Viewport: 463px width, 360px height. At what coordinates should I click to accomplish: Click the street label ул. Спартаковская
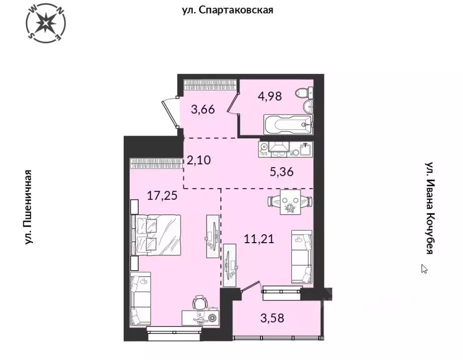pos(227,9)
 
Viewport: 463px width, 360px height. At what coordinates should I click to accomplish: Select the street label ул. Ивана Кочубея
pos(428,207)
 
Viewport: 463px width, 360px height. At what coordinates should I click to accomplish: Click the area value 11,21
pos(259,239)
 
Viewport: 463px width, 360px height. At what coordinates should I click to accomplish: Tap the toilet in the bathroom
pos(303,93)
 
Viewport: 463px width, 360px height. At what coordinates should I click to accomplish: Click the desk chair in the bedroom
pos(201,302)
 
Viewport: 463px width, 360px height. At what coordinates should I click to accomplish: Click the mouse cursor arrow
pos(424,269)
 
